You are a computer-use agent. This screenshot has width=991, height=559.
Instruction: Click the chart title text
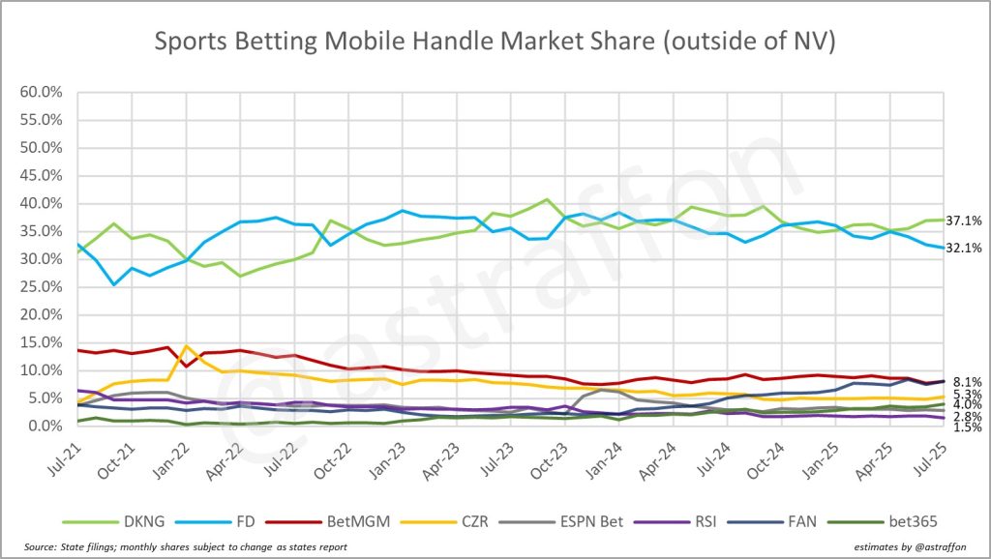pos(495,41)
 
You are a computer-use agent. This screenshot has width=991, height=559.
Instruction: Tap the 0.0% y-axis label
pos(46,426)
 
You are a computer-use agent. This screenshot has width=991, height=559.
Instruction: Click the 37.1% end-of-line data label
pos(963,221)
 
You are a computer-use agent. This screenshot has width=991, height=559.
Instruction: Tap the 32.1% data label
pos(963,248)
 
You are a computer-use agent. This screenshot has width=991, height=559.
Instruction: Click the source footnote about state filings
pos(180,548)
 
